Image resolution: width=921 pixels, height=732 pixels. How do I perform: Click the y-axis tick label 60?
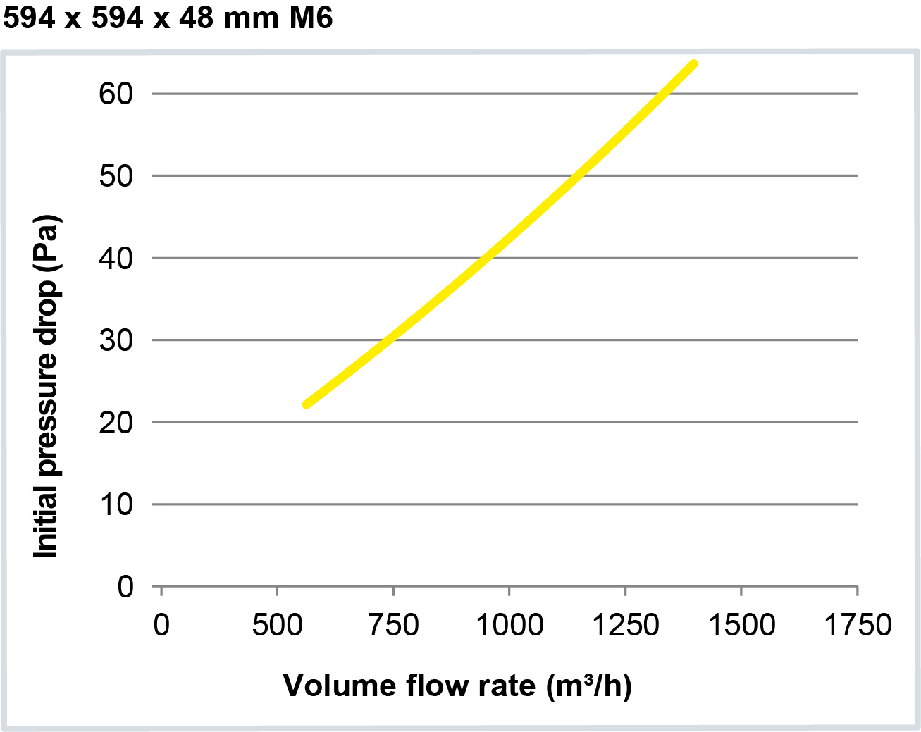[116, 94]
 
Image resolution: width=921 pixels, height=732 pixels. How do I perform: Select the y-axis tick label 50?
[116, 176]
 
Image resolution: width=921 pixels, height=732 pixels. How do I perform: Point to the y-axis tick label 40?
[116, 259]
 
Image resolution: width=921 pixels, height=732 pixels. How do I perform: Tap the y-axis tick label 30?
[116, 340]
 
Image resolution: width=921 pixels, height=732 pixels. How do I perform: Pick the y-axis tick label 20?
[116, 423]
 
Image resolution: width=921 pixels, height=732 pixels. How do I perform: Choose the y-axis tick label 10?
[116, 504]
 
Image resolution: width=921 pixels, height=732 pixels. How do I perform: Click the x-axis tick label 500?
[277, 625]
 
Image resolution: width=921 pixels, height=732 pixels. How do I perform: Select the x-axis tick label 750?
[393, 625]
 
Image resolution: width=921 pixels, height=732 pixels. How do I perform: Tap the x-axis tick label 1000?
[509, 625]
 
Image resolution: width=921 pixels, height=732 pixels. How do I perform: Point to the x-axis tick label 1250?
[625, 625]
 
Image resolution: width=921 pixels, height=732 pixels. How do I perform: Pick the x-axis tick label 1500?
[741, 625]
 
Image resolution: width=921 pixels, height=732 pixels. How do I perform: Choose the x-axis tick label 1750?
[858, 625]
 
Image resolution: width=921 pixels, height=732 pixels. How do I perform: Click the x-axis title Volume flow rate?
[457, 686]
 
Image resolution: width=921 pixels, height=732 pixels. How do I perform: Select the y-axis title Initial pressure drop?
[46, 386]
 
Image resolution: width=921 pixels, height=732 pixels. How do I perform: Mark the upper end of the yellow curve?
[694, 64]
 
